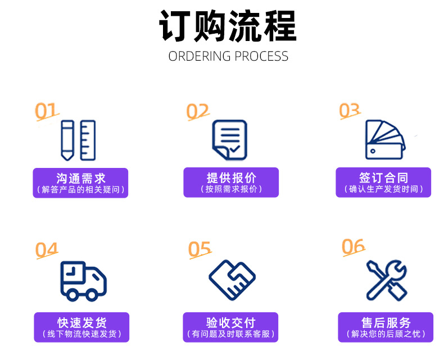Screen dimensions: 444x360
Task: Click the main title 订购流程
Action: pyautogui.click(x=228, y=26)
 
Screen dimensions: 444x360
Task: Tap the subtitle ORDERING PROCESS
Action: pyautogui.click(x=228, y=56)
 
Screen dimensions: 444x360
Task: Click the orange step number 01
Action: pyautogui.click(x=47, y=111)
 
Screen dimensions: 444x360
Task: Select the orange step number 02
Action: pyautogui.click(x=197, y=111)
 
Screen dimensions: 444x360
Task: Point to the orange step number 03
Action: pyautogui.click(x=349, y=110)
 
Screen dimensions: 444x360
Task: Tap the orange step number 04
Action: pyautogui.click(x=47, y=249)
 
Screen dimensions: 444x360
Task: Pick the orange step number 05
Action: pyautogui.click(x=200, y=249)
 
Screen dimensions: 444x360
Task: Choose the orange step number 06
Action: pyautogui.click(x=353, y=246)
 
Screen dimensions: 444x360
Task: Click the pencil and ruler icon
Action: pyautogui.click(x=78, y=140)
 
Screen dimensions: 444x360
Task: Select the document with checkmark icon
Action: pyautogui.click(x=229, y=140)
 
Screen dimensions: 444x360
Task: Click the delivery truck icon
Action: pyautogui.click(x=83, y=280)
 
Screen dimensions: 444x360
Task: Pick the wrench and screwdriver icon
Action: pyautogui.click(x=387, y=280)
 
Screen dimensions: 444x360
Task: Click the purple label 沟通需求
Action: pyautogui.click(x=81, y=183)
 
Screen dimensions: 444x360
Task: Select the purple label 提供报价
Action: pyautogui.click(x=231, y=183)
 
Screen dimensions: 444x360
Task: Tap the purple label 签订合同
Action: pyautogui.click(x=383, y=183)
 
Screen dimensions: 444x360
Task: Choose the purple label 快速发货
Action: pyautogui.click(x=81, y=327)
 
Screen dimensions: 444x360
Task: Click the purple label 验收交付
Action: pyautogui.click(x=231, y=327)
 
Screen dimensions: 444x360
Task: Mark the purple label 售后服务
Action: pyautogui.click(x=386, y=327)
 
